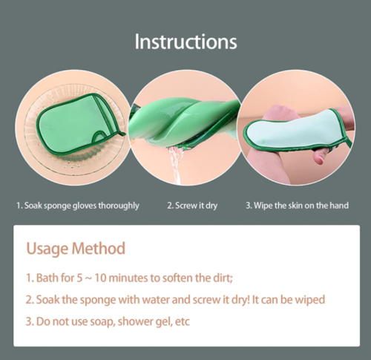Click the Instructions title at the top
click(x=185, y=41)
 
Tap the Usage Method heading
click(x=75, y=248)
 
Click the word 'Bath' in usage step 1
click(x=48, y=278)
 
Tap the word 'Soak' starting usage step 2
click(x=49, y=300)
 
